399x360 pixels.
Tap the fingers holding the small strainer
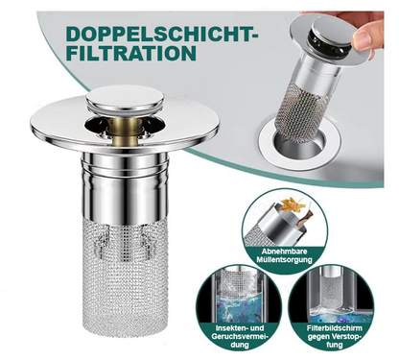pyautogui.click(x=364, y=29)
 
